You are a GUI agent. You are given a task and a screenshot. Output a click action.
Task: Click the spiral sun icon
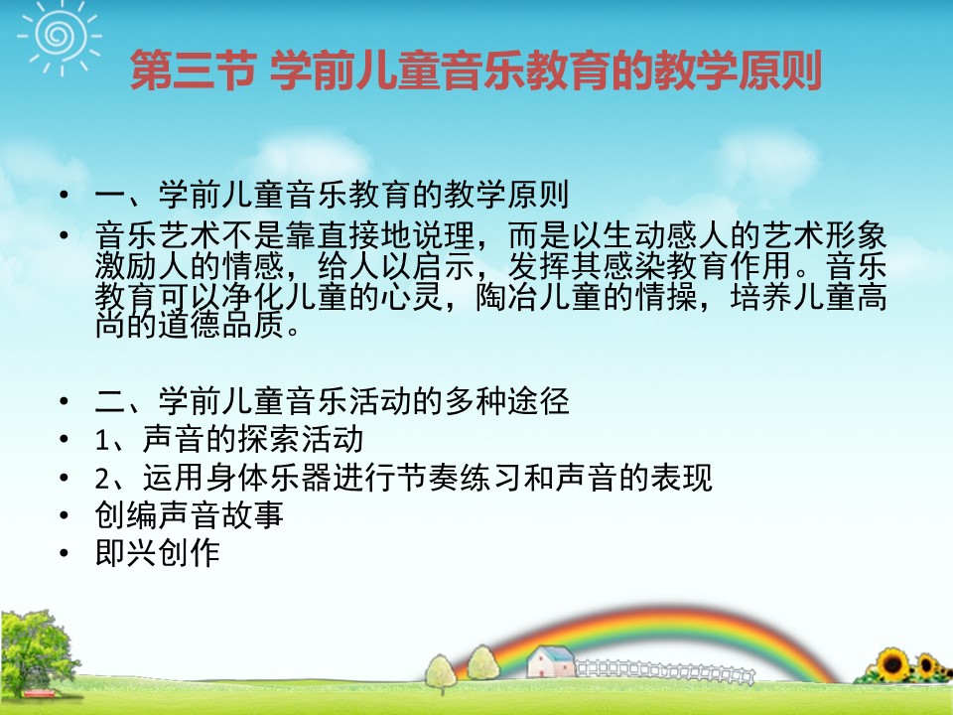[60, 37]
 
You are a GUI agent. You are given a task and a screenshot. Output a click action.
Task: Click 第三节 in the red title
[192, 71]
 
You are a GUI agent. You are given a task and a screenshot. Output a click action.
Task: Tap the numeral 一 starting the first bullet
[110, 196]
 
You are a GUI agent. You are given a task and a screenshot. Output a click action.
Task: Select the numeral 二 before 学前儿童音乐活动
[110, 402]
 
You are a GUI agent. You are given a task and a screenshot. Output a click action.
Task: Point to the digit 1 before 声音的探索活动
[102, 440]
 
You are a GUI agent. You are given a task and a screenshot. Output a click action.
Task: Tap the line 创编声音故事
[189, 515]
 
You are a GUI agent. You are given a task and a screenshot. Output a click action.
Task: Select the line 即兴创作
[158, 553]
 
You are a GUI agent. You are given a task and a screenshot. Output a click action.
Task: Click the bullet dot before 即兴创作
[65, 554]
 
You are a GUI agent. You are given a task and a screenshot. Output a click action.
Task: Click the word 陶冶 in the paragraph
[507, 297]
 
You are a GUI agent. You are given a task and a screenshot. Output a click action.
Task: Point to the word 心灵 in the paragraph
[412, 297]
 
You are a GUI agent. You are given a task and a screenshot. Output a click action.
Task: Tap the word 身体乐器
[269, 478]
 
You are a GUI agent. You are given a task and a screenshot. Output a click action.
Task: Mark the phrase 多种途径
[507, 401]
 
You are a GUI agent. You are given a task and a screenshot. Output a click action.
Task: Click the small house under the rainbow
[550, 662]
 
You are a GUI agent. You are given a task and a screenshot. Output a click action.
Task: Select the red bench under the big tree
[39, 693]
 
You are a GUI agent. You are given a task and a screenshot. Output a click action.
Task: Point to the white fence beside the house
[664, 670]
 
